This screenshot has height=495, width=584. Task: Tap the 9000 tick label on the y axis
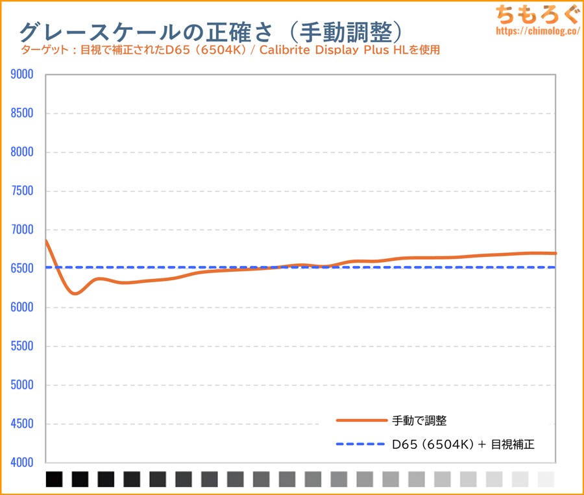click(x=22, y=75)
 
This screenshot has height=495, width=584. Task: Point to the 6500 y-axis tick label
click(x=22, y=269)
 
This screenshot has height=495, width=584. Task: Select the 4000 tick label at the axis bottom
click(x=22, y=463)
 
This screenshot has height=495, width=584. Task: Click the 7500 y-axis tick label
click(x=22, y=191)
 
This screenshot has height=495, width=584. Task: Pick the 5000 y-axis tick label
click(x=22, y=385)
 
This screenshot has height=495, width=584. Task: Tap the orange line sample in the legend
click(x=361, y=420)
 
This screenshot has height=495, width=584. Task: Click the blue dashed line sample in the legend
click(x=361, y=444)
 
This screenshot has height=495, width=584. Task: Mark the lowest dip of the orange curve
click(x=76, y=293)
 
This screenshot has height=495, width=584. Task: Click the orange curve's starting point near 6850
click(x=47, y=241)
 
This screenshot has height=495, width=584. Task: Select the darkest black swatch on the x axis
click(x=55, y=479)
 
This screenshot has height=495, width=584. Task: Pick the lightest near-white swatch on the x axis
click(x=546, y=479)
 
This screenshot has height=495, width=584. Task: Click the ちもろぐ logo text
click(x=532, y=13)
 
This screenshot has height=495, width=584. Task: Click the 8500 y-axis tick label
click(x=22, y=114)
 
